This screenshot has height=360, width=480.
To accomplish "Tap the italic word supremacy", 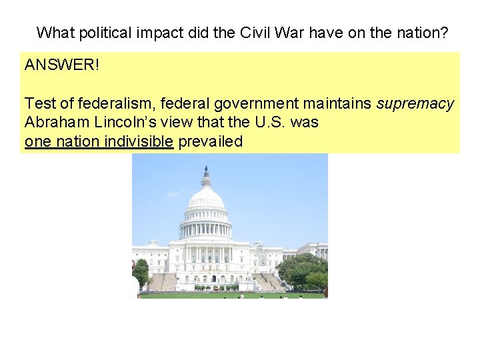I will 415,104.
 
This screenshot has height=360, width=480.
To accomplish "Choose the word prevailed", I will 210,141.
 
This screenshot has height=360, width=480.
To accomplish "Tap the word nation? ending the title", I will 423,32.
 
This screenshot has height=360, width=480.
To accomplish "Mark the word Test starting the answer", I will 38,104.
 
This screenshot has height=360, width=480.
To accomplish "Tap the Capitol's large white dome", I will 206,200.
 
